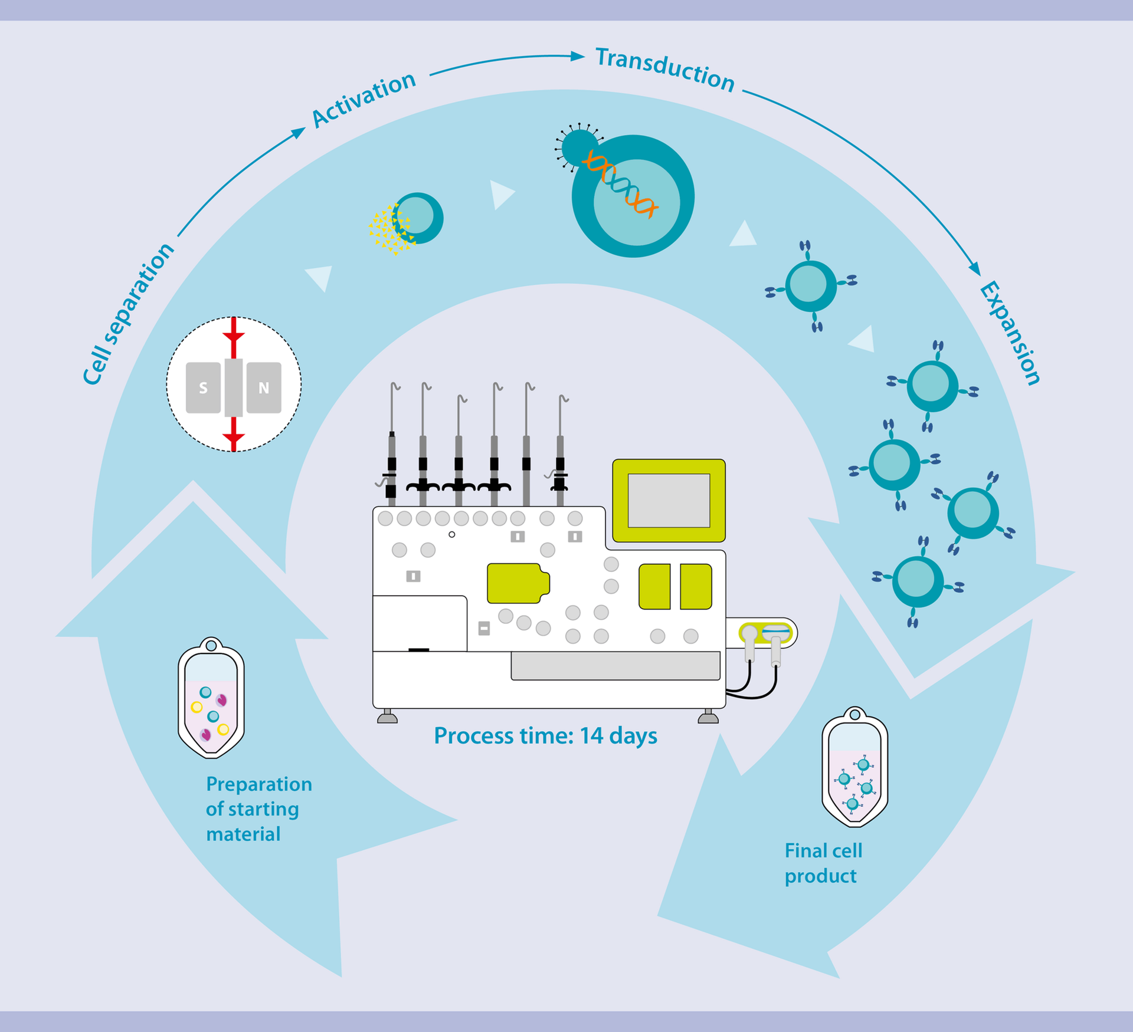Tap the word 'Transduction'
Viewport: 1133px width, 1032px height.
pyautogui.click(x=665, y=70)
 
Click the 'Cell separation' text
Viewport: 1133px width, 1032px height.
pyautogui.click(x=129, y=314)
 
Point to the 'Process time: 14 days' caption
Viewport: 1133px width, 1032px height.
pyautogui.click(x=545, y=736)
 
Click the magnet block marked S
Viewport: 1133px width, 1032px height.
pyautogui.click(x=203, y=387)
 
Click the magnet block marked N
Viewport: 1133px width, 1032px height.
pyautogui.click(x=264, y=387)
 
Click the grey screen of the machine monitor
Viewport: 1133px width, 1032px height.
pyautogui.click(x=669, y=500)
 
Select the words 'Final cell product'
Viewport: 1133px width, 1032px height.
pyautogui.click(x=823, y=863)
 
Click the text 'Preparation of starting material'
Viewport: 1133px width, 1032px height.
pyautogui.click(x=258, y=809)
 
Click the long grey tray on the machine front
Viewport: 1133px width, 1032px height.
pyautogui.click(x=615, y=666)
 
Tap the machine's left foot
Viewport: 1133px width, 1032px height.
pyautogui.click(x=387, y=717)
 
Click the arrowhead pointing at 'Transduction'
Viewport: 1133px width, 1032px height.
pyautogui.click(x=578, y=56)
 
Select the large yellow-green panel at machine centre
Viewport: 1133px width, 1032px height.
pyautogui.click(x=518, y=583)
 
